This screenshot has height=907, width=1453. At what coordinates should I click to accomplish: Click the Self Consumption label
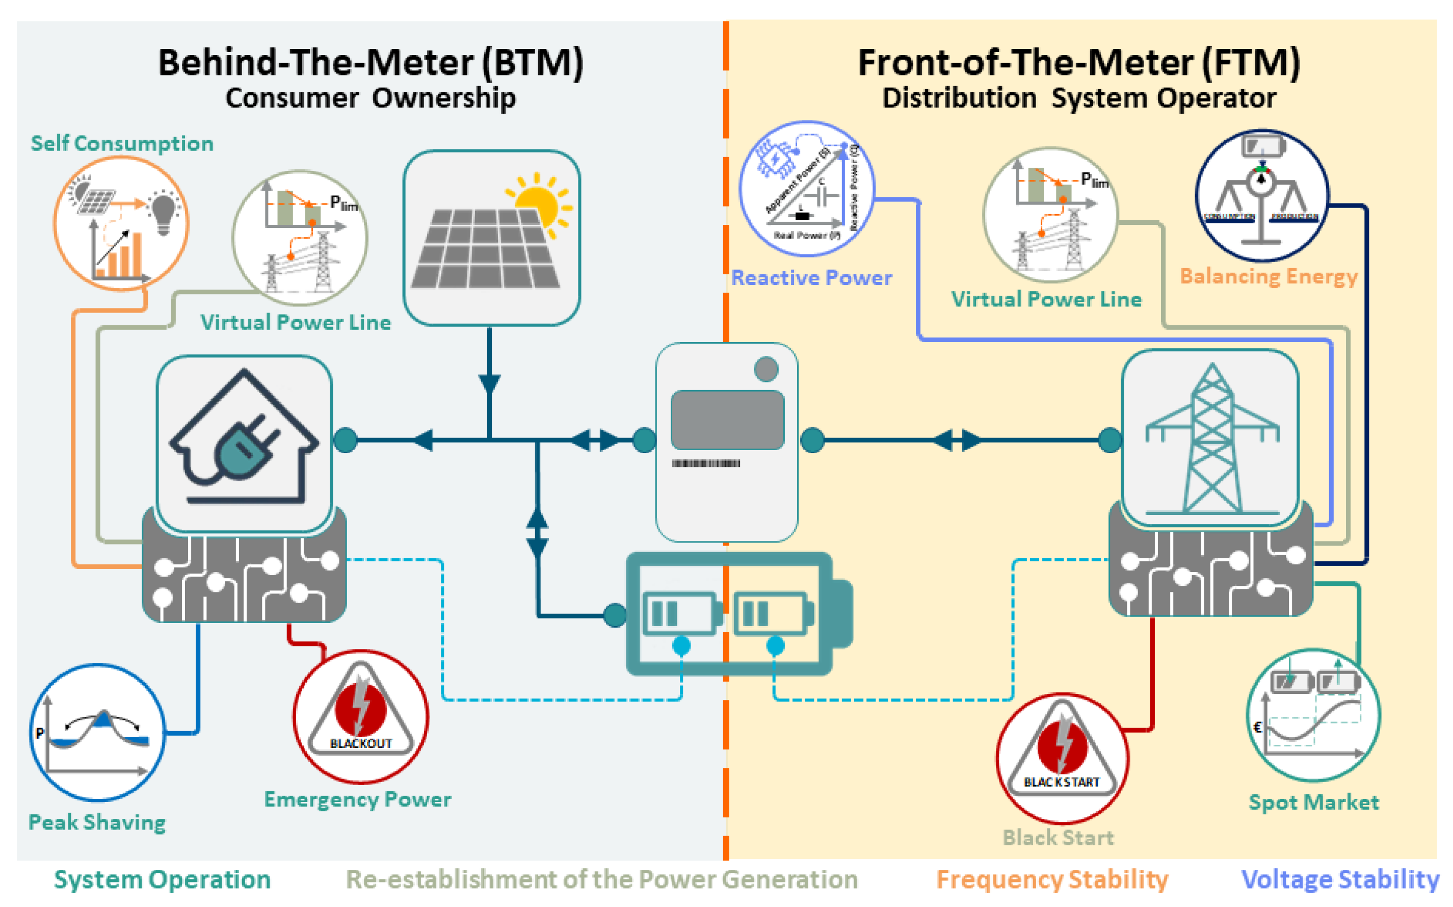pyautogui.click(x=122, y=143)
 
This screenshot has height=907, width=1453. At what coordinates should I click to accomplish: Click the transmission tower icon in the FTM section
pyautogui.click(x=1211, y=438)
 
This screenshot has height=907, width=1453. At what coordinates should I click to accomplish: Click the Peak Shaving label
pyautogui.click(x=97, y=822)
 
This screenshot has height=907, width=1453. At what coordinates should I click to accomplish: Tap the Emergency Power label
pyautogui.click(x=357, y=799)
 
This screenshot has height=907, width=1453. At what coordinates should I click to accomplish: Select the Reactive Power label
pyautogui.click(x=811, y=278)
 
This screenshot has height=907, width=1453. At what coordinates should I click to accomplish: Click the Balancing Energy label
pyautogui.click(x=1269, y=276)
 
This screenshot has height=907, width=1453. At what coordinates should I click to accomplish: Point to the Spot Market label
pyautogui.click(x=1313, y=802)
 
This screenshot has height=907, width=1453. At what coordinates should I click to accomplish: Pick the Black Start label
pyautogui.click(x=1058, y=838)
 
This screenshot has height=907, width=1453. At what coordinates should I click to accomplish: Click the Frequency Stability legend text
pyautogui.click(x=1052, y=879)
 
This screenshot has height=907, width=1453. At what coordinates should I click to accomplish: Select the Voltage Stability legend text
pyautogui.click(x=1340, y=879)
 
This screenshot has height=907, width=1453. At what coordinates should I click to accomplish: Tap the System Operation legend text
pyautogui.click(x=162, y=879)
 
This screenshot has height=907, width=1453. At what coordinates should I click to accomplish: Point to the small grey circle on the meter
pyautogui.click(x=766, y=369)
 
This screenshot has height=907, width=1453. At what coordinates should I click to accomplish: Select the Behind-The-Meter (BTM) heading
pyautogui.click(x=371, y=62)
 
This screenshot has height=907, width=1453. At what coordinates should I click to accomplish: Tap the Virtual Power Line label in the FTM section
pyautogui.click(x=1046, y=299)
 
